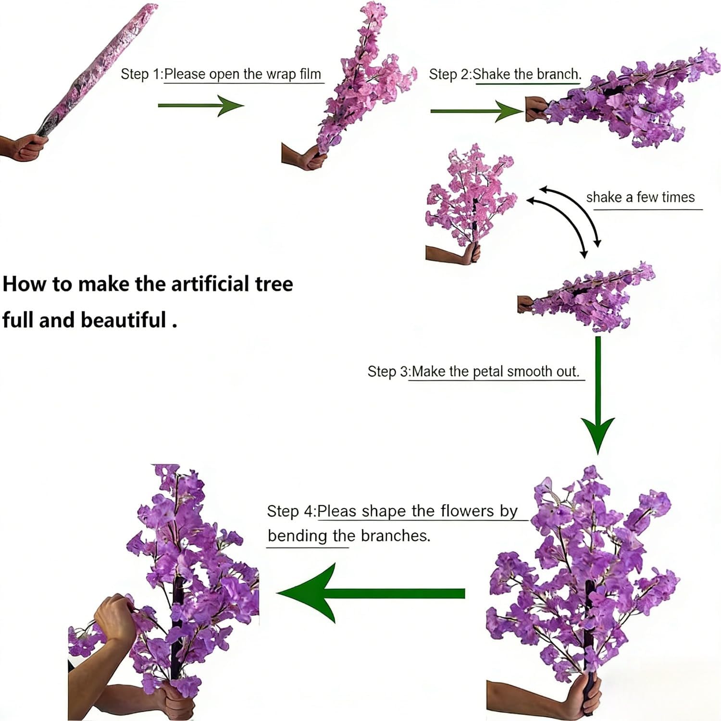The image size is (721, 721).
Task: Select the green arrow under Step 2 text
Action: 476,112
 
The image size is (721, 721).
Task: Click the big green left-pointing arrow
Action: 370,594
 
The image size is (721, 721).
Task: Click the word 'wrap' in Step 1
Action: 281,75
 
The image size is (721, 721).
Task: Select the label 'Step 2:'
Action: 449,75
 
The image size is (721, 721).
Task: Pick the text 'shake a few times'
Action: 640,197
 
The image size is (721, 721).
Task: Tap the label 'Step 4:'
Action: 291,511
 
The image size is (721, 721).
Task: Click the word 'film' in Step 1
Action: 310,75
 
